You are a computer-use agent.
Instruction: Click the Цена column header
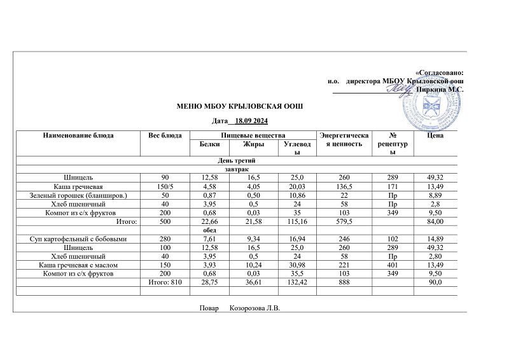[436, 135]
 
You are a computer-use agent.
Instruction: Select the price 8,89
[436, 195]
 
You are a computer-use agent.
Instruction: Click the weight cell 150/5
[165, 186]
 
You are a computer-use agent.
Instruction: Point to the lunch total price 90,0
[436, 282]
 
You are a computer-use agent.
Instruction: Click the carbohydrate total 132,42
[298, 282]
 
